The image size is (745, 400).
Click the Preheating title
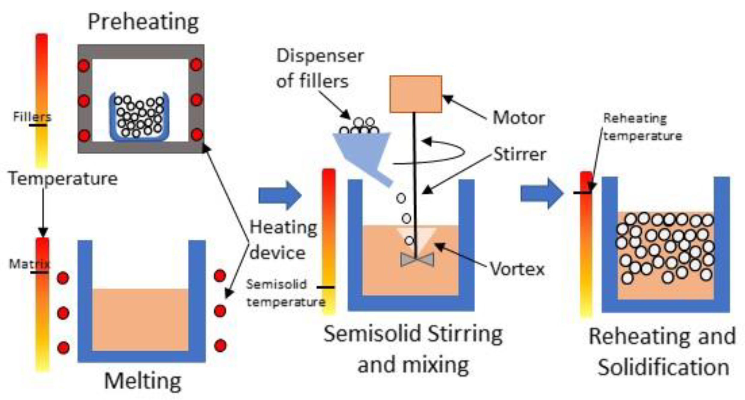coord(143,22)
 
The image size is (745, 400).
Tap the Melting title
coord(143,381)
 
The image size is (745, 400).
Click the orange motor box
coord(416,94)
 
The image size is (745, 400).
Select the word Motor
coord(519,117)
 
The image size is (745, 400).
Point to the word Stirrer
coord(520,154)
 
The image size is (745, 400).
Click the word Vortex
coord(517,268)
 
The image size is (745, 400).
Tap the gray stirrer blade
coord(417,259)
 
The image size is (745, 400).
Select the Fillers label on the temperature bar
coord(32,117)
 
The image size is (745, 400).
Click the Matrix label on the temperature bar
coord(29,264)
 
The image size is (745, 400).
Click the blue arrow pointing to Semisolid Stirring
coord(279,195)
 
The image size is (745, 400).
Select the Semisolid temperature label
coord(285,293)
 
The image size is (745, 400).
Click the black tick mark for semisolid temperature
coord(326,287)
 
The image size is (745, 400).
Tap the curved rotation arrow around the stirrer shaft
coord(450,152)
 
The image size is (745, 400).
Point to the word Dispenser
coord(320,56)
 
